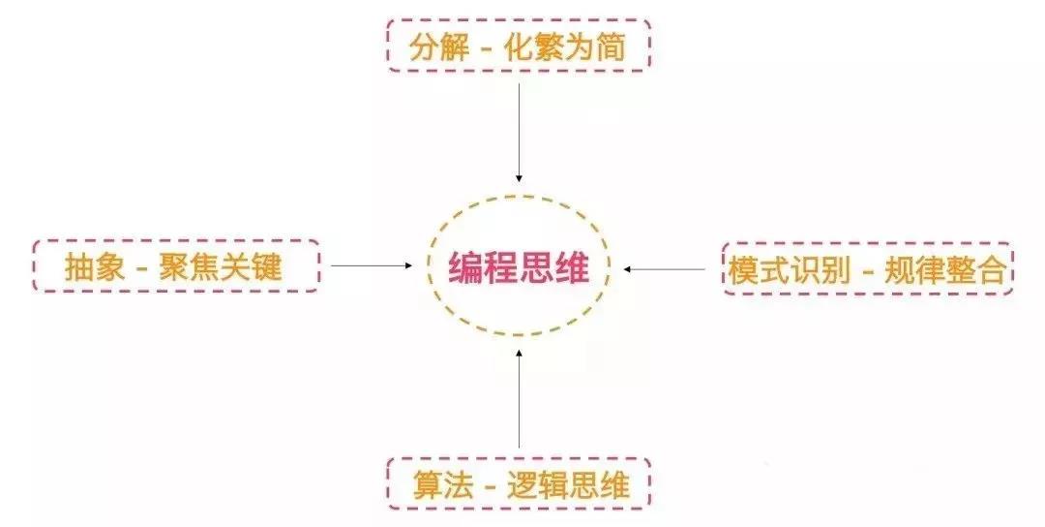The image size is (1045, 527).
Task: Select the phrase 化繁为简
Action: (x=568, y=48)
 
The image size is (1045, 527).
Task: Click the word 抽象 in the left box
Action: (x=95, y=267)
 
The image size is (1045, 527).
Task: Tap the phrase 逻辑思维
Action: (x=569, y=485)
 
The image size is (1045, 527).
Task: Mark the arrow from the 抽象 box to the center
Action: (x=371, y=264)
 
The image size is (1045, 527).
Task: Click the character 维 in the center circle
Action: (x=573, y=267)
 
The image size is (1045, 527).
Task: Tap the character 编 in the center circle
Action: (x=465, y=267)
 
